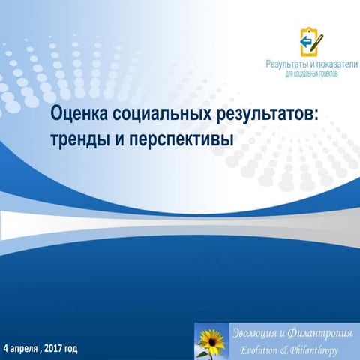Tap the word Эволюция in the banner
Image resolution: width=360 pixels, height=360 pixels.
[257, 333]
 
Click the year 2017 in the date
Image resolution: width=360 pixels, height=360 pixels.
[54, 349]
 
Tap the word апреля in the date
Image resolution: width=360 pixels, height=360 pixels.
[25, 349]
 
